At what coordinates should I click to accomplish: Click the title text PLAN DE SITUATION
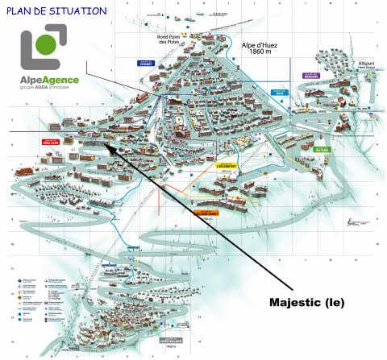click(x=55, y=11)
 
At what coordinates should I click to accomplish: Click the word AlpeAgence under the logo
click(x=51, y=81)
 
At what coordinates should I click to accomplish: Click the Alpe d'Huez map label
click(x=260, y=45)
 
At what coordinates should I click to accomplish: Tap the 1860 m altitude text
click(x=260, y=54)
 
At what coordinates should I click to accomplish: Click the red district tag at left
click(x=51, y=141)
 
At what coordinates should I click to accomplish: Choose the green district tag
click(x=322, y=149)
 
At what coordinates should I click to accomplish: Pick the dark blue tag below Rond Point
click(x=145, y=64)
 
